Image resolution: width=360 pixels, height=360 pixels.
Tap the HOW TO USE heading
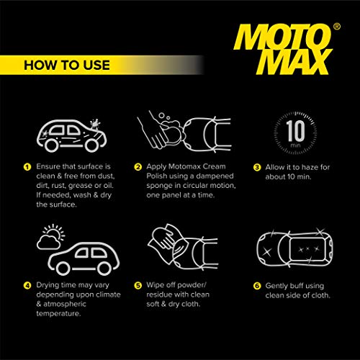click(66, 65)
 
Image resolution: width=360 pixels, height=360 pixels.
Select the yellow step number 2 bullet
click(138, 167)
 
